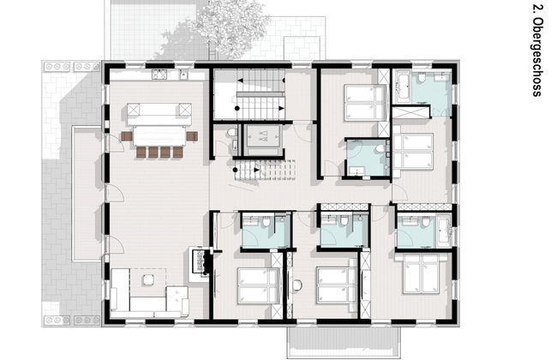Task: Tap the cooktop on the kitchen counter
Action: (x=159, y=75)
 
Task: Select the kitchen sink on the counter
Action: (x=183, y=75)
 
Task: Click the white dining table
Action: (x=159, y=136)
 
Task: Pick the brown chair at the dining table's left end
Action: (x=127, y=136)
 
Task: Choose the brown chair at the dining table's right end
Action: (x=192, y=136)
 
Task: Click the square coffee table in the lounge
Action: (x=148, y=280)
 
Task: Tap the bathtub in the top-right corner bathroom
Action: (x=403, y=87)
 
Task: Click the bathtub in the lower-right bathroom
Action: (x=444, y=231)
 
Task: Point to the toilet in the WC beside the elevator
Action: (x=232, y=133)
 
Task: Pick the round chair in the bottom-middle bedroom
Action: (x=296, y=285)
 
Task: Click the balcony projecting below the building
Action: (x=344, y=342)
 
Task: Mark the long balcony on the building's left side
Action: (x=87, y=194)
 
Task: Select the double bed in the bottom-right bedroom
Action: (x=422, y=273)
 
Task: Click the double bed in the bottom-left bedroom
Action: (x=259, y=285)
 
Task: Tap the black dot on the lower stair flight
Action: (x=235, y=171)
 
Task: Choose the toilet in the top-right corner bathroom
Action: (x=422, y=77)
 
